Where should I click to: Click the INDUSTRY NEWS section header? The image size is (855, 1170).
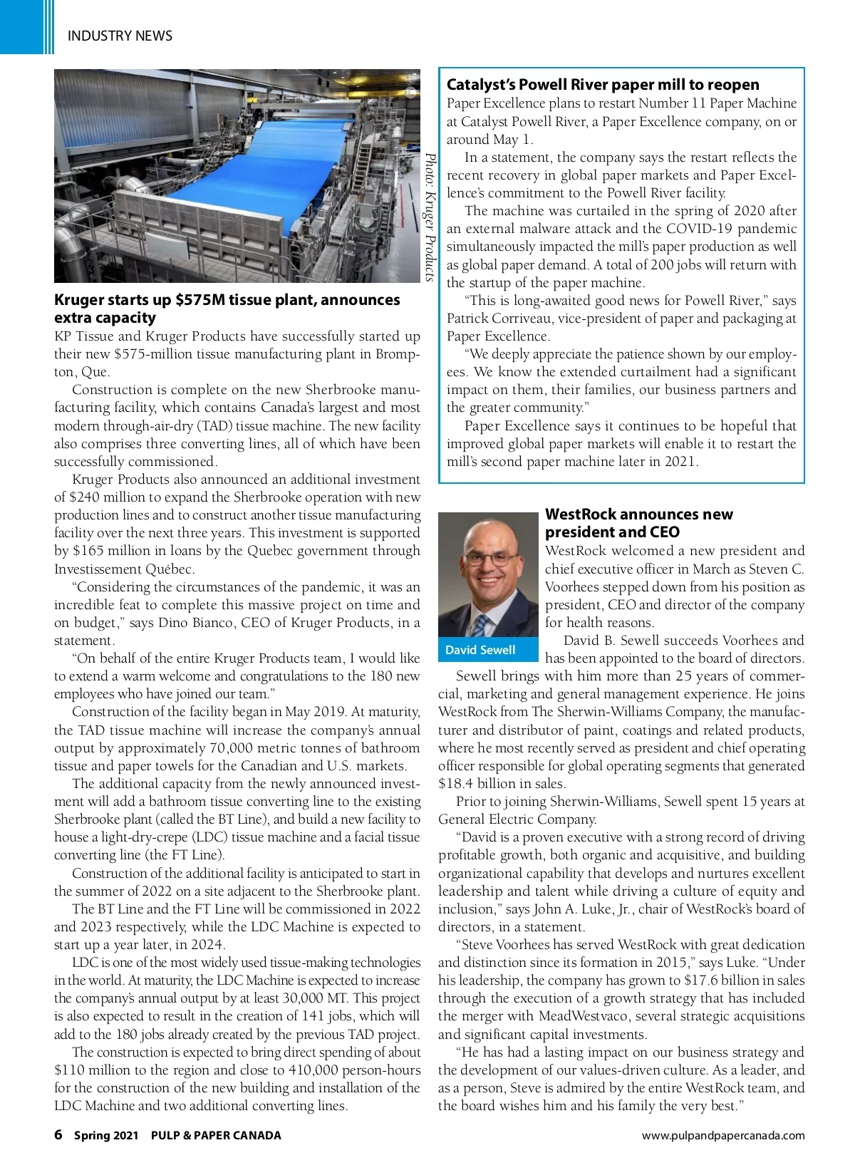pyautogui.click(x=120, y=36)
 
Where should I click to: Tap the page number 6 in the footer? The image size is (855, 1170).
pyautogui.click(x=58, y=1135)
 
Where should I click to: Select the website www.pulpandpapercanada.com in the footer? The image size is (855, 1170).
pyautogui.click(x=723, y=1136)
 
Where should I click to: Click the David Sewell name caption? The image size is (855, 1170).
pyautogui.click(x=480, y=650)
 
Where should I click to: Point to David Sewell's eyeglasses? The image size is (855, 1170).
pyautogui.click(x=492, y=558)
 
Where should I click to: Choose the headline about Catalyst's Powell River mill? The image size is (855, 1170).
pyautogui.click(x=603, y=85)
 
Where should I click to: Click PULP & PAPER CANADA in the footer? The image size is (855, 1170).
pyautogui.click(x=216, y=1136)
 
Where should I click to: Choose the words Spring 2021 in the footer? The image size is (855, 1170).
pyautogui.click(x=106, y=1136)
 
